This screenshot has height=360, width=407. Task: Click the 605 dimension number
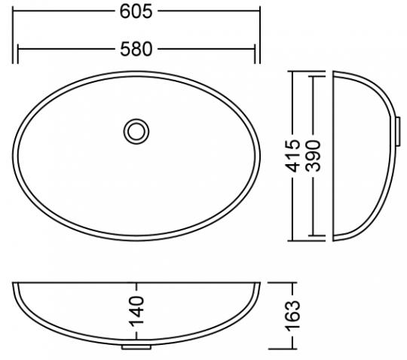coord(137,11)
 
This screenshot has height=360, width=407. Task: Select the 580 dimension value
coord(137,49)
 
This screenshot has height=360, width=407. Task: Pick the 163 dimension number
coord(295,316)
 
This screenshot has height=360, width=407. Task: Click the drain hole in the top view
coord(136,131)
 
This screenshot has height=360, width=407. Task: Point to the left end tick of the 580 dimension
coord(18,50)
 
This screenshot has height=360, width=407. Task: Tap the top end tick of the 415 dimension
coord(295,72)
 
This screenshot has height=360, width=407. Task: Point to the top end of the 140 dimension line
coord(137,285)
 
